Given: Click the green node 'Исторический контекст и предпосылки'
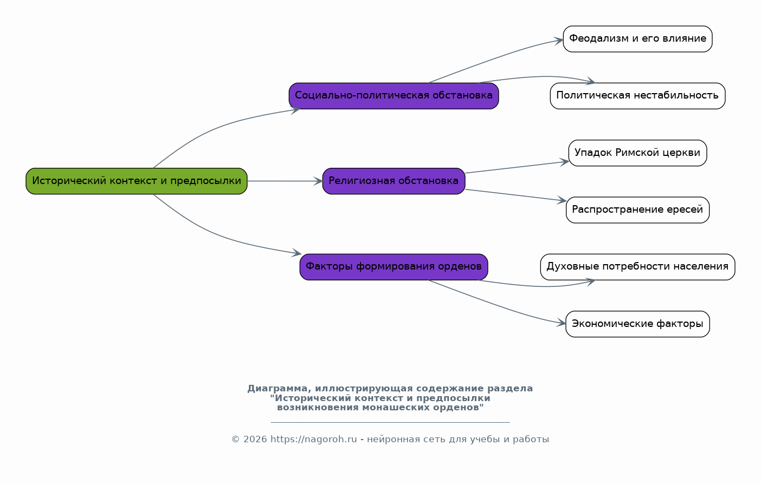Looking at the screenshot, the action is click(x=137, y=181).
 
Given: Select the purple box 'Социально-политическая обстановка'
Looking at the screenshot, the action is click(x=394, y=96).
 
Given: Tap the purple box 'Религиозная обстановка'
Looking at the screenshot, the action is click(x=394, y=181).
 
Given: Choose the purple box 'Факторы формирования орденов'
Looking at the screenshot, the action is click(x=394, y=267).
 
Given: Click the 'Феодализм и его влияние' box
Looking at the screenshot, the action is click(x=637, y=39).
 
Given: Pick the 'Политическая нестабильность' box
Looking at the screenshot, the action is click(x=637, y=96).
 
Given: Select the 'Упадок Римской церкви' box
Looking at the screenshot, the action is click(x=637, y=153).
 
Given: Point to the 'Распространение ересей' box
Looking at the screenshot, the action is click(x=637, y=210).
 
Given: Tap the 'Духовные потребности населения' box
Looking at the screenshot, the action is click(x=637, y=267).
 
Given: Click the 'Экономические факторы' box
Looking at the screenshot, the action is click(x=637, y=324).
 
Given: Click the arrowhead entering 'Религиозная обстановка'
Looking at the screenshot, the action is click(x=318, y=181).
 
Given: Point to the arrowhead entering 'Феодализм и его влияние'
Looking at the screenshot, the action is click(x=559, y=41).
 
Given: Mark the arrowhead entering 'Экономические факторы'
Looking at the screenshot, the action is click(x=561, y=323).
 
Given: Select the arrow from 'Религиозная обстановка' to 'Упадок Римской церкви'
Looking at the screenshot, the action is click(x=517, y=167).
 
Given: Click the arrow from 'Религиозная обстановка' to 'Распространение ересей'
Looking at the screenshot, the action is click(x=515, y=195).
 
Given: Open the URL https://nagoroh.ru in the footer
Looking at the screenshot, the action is click(x=314, y=439).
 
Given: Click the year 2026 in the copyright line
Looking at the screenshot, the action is click(x=255, y=439).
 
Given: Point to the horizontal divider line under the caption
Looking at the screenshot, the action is click(x=390, y=422).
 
